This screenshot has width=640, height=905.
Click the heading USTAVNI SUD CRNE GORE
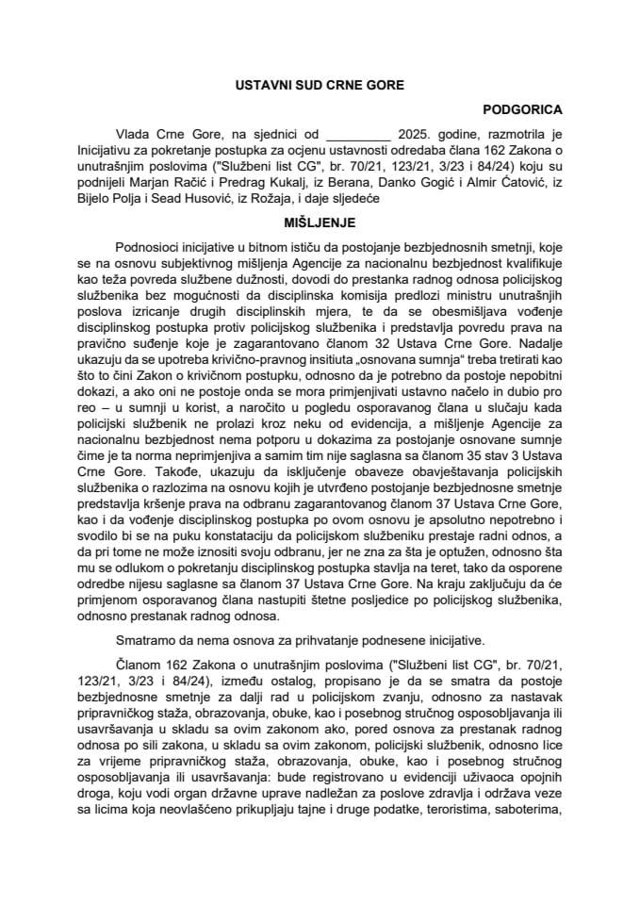319,85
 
